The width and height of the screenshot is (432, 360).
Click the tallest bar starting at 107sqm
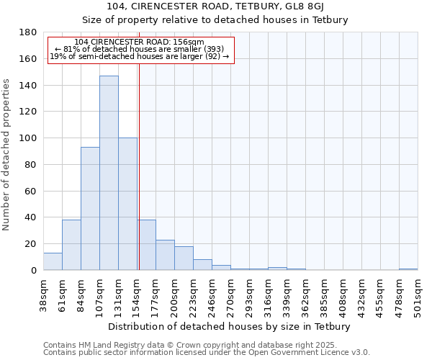click(109, 173)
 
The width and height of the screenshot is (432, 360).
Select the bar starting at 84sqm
click(90, 209)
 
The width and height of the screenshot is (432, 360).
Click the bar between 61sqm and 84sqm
click(71, 245)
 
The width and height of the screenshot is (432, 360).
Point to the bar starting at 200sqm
click(184, 258)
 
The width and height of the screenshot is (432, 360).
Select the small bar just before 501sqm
click(408, 269)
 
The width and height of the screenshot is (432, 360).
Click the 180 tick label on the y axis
click(28, 32)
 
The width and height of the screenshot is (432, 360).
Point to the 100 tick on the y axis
click(28, 138)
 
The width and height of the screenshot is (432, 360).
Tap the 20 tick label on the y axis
click(31, 244)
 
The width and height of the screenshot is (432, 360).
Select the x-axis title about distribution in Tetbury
click(230, 327)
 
